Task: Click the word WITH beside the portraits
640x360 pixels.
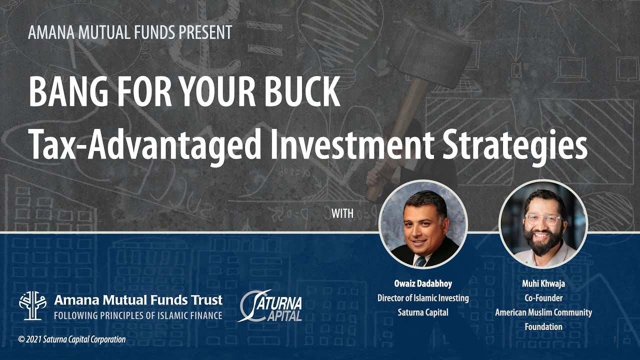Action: pyautogui.click(x=342, y=214)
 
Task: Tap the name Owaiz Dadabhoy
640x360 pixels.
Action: pyautogui.click(x=423, y=284)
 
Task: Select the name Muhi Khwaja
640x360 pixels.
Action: pyautogui.click(x=543, y=284)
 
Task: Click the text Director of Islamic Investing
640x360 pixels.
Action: pyautogui.click(x=423, y=298)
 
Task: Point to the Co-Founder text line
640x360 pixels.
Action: pyautogui.click(x=543, y=298)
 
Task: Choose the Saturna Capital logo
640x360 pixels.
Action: pyautogui.click(x=270, y=305)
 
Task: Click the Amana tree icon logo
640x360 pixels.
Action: pyautogui.click(x=32, y=305)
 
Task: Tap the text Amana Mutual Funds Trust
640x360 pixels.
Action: pyautogui.click(x=138, y=300)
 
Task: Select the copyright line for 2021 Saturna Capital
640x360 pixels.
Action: pyautogui.click(x=72, y=339)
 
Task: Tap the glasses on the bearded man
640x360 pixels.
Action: pyautogui.click(x=542, y=219)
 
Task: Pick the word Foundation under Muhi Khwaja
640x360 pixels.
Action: pyautogui.click(x=543, y=327)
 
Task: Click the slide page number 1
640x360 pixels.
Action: pyautogui.click(x=614, y=340)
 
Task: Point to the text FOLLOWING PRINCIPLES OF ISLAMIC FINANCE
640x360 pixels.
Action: pyautogui.click(x=138, y=315)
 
